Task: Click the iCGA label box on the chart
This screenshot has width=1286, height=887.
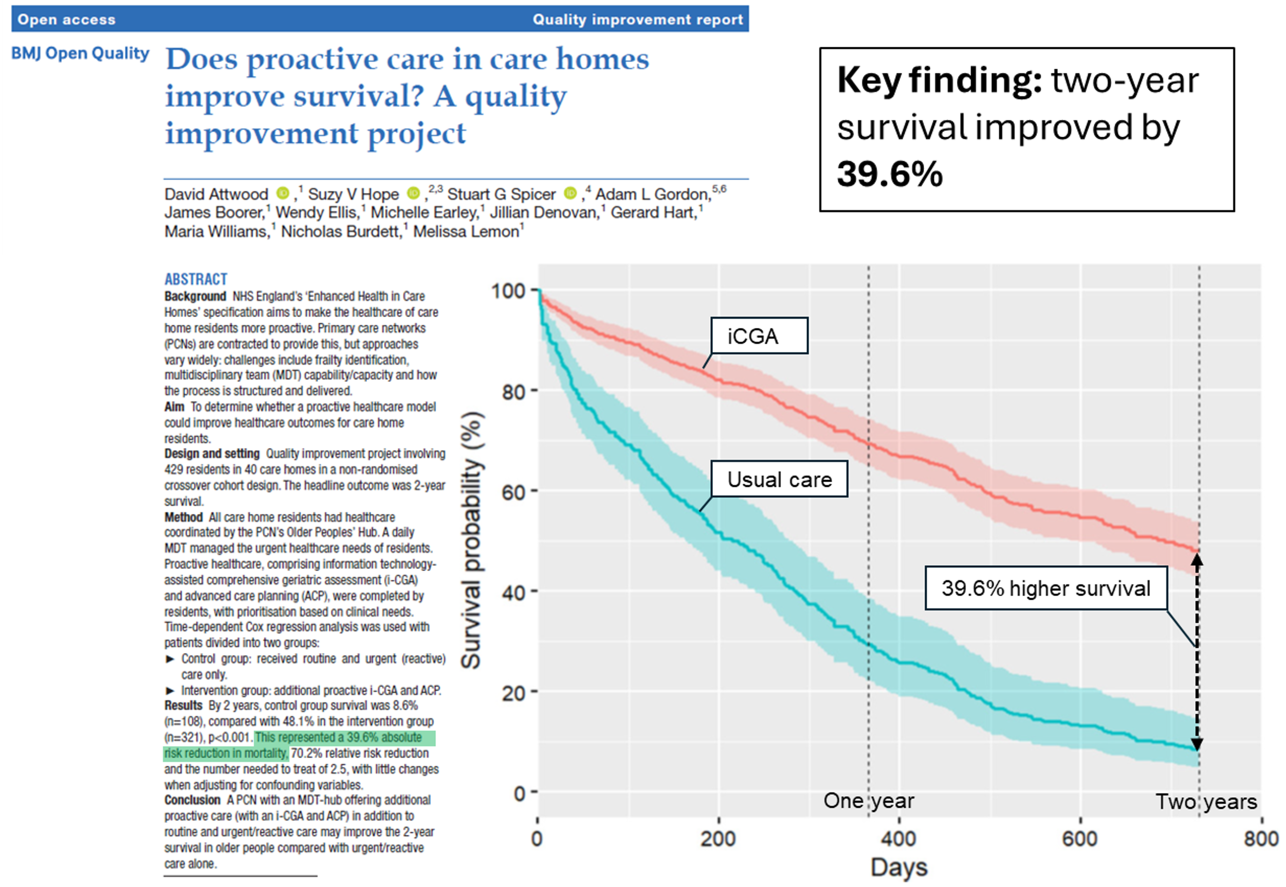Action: coord(759,336)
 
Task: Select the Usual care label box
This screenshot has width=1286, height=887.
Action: coord(779,479)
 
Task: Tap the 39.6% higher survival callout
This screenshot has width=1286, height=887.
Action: coord(1045,588)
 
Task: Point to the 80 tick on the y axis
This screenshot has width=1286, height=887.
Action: coord(513,392)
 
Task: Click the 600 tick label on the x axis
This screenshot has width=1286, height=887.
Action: coord(1079,839)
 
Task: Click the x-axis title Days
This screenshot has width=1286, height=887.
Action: coord(898,867)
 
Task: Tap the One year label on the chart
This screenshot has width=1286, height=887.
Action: coord(868,801)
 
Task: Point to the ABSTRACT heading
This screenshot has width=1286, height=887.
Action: coord(196,279)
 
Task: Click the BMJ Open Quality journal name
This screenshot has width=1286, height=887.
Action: coord(81,53)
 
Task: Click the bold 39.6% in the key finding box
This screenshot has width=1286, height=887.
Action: coord(889,174)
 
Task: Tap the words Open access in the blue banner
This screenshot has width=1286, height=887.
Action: coord(67,20)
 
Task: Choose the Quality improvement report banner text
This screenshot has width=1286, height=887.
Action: coord(637,20)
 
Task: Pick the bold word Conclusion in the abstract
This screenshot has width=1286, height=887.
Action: coord(192,800)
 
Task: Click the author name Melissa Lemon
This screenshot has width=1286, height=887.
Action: coord(466,231)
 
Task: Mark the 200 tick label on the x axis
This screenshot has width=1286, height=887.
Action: coord(718,839)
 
